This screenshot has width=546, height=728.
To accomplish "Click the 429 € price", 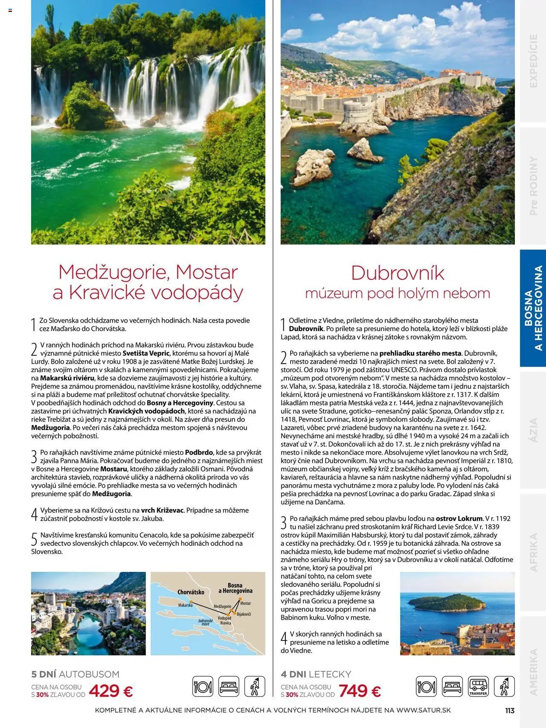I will pos(110,690).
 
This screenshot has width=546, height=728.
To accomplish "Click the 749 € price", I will pos(360,690).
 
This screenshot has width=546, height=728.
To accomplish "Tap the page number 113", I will pos(509,711).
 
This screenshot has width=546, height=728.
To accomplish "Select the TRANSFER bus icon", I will pos(478,687).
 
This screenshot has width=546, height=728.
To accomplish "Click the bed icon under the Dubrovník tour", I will pos(452,687).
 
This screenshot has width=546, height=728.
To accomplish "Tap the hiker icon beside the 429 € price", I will pos(254,687).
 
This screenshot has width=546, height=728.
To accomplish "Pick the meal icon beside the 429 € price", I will pos(203,687).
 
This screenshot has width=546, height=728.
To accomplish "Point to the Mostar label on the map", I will pos(245,603).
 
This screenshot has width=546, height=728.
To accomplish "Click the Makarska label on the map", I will pos(185,605).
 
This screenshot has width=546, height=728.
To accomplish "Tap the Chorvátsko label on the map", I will pos(191,592).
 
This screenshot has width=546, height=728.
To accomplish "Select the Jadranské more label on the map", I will pos(205,623).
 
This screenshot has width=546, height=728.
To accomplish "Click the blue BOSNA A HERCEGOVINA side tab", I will pos(533,308).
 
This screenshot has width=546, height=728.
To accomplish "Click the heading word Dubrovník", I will pos(398,273).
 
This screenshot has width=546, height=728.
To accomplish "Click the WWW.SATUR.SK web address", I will pos(423,711).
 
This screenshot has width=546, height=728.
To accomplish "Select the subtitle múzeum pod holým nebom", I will pos(398,293).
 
